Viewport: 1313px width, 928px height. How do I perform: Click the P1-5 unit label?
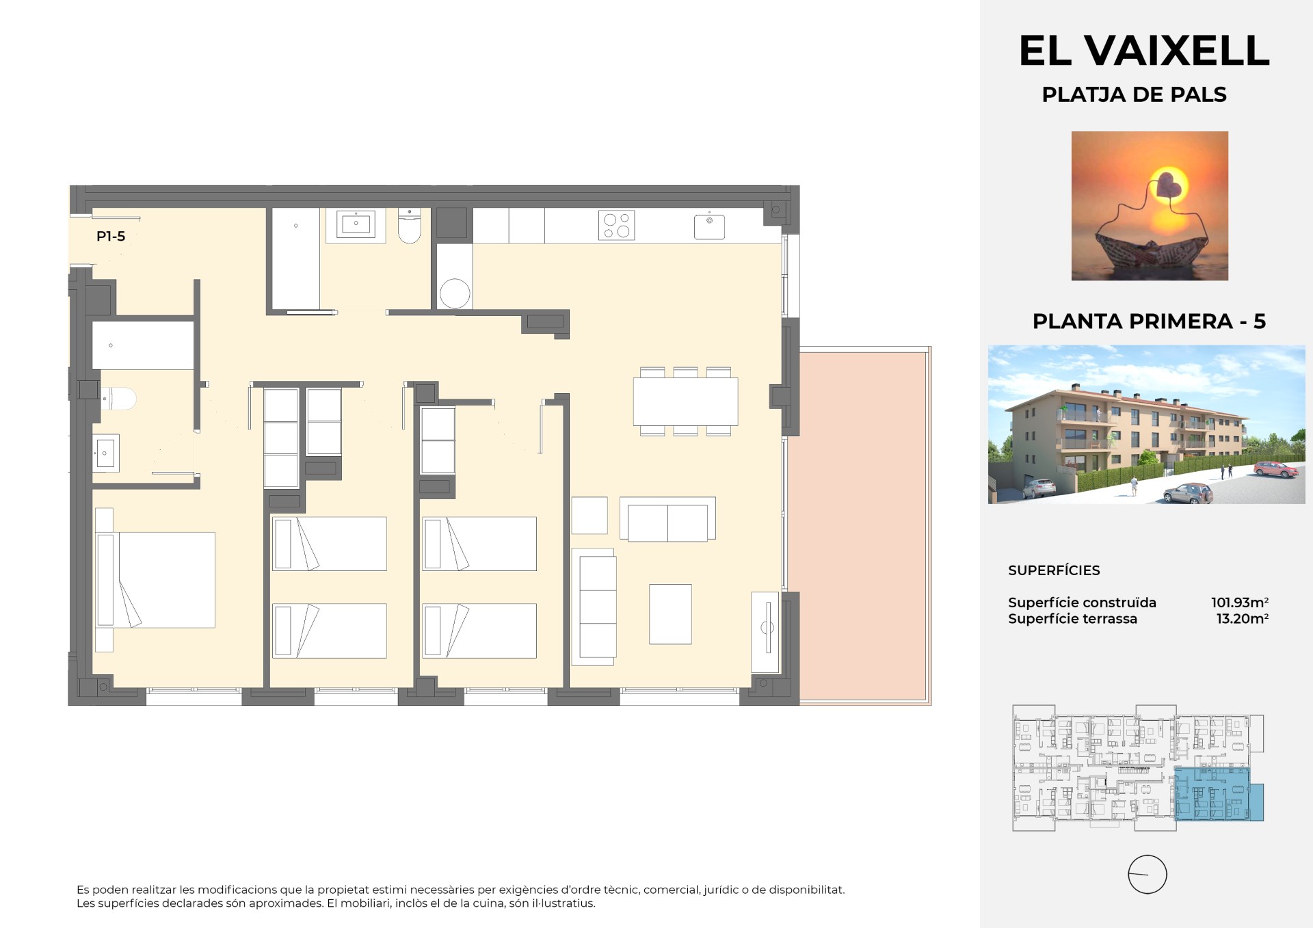(111, 237)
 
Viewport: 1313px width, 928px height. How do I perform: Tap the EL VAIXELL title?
(1144, 50)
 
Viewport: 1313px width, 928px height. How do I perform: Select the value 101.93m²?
(1240, 602)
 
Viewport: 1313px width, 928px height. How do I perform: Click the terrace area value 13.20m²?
(1243, 619)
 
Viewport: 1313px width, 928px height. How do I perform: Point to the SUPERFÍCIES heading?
(1054, 570)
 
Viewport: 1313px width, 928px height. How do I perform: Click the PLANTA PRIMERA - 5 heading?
(1149, 321)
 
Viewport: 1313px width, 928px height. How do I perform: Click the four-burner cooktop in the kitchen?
(616, 226)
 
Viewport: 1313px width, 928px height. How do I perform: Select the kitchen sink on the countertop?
(709, 226)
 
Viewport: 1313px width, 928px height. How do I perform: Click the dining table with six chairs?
(685, 401)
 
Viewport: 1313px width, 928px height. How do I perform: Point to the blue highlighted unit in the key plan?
(1219, 794)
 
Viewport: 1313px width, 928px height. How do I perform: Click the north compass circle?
(1147, 875)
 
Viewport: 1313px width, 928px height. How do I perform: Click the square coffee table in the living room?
(670, 613)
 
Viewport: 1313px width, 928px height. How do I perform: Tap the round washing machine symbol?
(455, 294)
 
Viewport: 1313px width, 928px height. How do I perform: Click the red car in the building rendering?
(1275, 469)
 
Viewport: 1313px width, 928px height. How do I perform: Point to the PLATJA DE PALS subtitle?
(1134, 94)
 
